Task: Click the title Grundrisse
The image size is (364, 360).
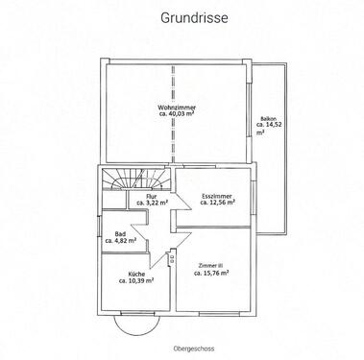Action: coord(194,18)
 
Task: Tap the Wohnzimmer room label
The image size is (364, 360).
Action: coord(177,108)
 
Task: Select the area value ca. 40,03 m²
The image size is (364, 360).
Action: coord(177,113)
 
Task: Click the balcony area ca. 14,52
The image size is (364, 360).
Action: coord(269,125)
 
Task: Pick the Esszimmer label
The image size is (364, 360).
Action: coord(217,196)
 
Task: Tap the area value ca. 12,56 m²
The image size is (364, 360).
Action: coord(218,203)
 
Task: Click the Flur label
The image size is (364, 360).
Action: coord(151,196)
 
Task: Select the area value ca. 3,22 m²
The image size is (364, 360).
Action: coord(153,203)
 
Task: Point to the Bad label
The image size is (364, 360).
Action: coord(120,234)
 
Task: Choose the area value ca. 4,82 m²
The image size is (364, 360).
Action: coord(121,240)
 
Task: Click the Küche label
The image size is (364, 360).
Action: coord(136,275)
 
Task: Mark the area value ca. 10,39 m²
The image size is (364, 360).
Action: coord(136,280)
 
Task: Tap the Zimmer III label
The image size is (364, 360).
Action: coord(210,266)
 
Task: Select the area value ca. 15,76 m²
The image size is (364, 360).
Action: coord(211,273)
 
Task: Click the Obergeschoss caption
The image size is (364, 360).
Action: coord(193,348)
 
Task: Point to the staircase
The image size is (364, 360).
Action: coord(135,180)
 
